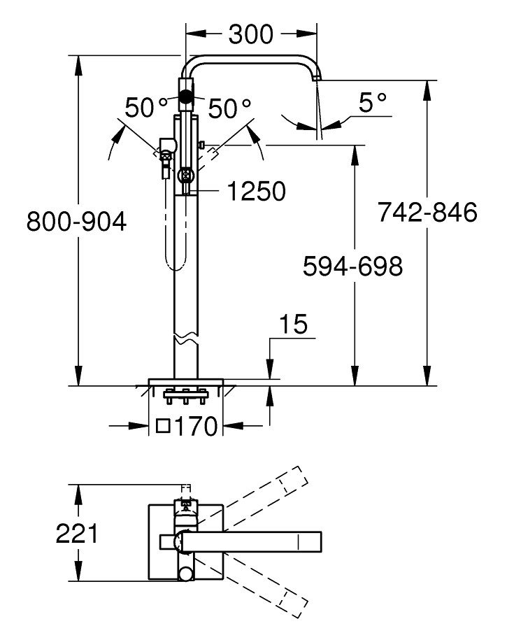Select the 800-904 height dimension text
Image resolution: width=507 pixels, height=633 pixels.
point(76,222)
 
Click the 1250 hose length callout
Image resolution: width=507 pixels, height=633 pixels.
point(257,191)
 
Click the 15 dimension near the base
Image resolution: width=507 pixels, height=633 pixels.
point(292,325)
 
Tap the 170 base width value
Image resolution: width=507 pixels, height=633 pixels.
point(197,426)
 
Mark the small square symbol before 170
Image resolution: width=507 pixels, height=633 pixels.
point(164,425)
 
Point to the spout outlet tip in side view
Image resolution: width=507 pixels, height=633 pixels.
point(315,80)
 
